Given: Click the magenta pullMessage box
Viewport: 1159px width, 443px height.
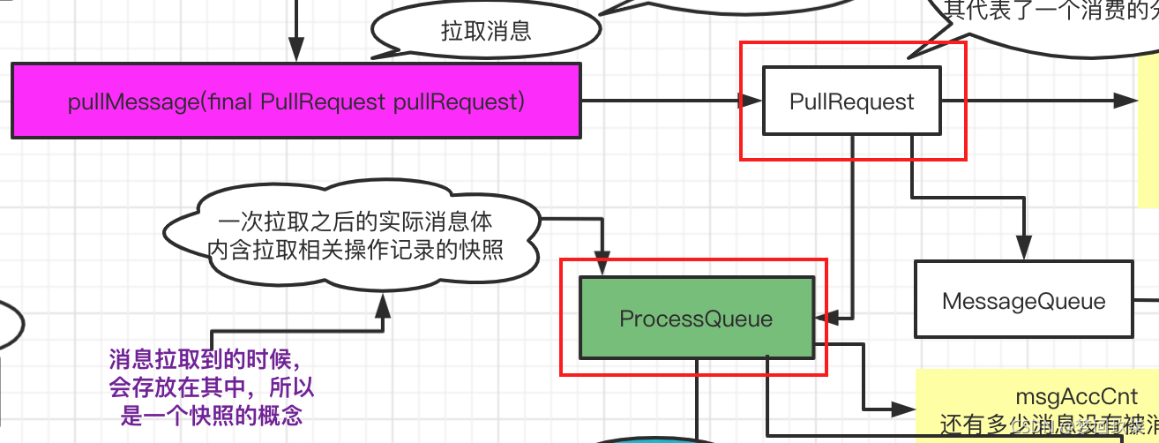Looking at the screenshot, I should click(296, 101).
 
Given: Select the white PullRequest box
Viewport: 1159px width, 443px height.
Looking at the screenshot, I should click(852, 101).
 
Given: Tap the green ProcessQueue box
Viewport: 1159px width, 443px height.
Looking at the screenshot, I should click(696, 318).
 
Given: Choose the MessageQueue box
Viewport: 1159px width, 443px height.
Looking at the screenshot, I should click(1023, 300).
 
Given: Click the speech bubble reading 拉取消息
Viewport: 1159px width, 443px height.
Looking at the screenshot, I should click(486, 33).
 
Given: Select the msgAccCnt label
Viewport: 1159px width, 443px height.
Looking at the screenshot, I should click(1063, 397).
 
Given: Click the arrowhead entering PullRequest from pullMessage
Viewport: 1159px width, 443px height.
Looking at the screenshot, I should click(751, 101).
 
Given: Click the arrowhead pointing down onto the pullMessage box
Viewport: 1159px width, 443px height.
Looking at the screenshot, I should click(296, 50).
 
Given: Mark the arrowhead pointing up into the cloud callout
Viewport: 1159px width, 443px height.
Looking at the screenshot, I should click(383, 305).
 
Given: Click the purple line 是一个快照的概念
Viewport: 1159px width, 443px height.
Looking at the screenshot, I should click(212, 416).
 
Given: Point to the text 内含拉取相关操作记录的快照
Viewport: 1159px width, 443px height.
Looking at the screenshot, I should click(355, 250).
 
